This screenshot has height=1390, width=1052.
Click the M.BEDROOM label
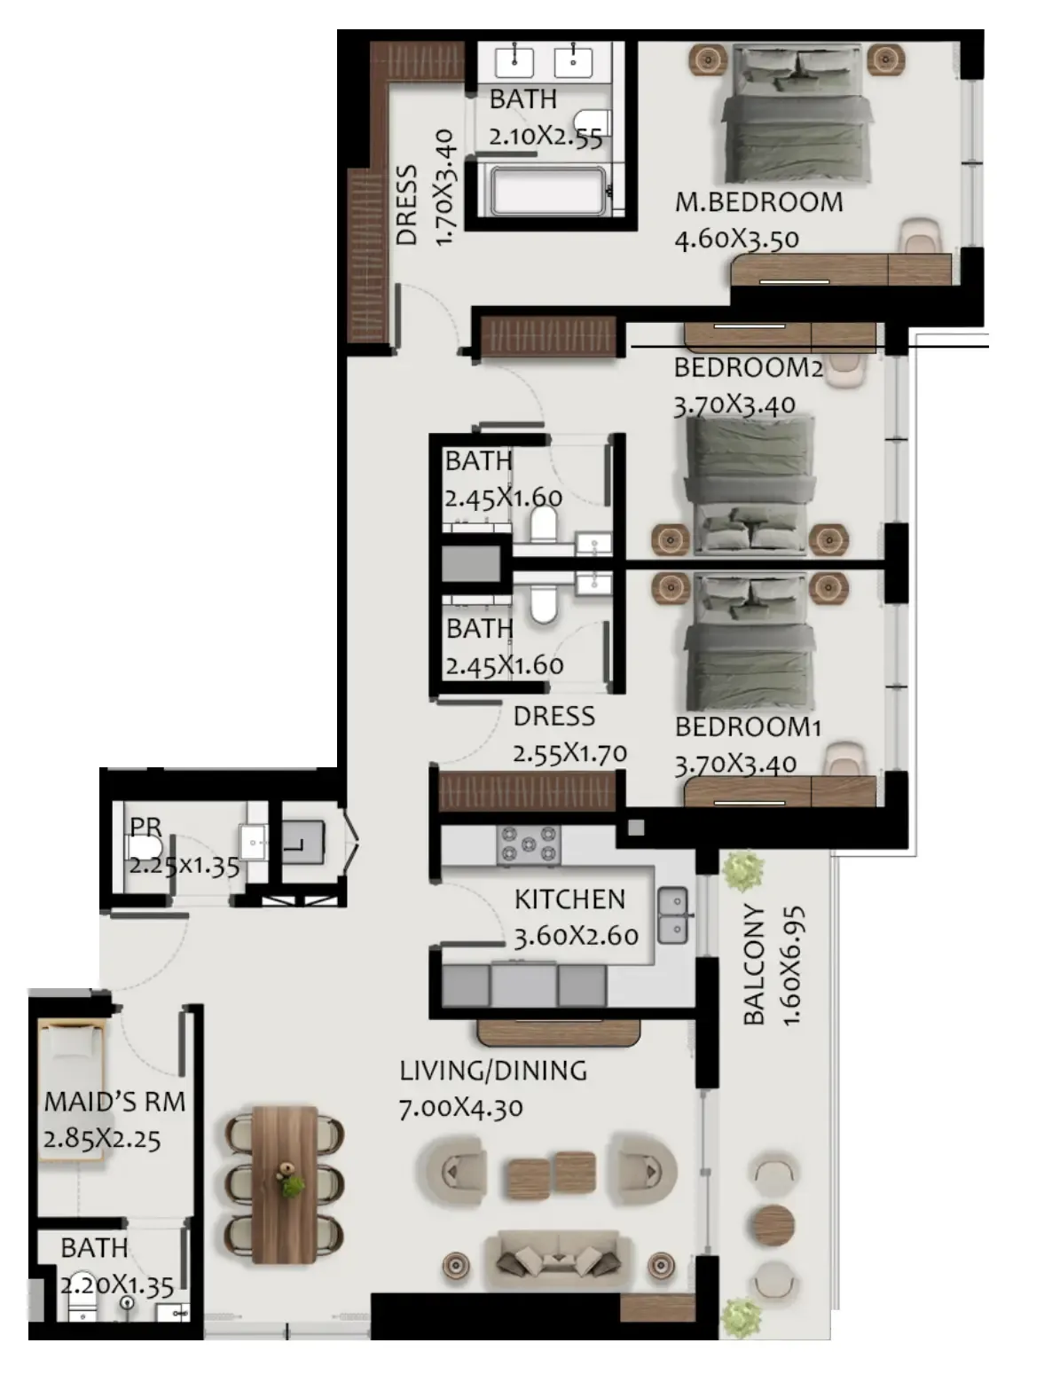pyautogui.click(x=758, y=202)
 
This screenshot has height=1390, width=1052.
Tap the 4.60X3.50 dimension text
pyautogui.click(x=737, y=240)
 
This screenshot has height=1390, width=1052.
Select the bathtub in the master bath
pyautogui.click(x=548, y=190)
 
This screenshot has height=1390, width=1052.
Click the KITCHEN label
pyautogui.click(x=569, y=899)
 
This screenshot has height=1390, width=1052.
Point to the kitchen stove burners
pyautogui.click(x=529, y=844)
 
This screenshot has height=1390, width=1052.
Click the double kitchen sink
pyautogui.click(x=672, y=915)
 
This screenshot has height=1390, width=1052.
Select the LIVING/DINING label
pyautogui.click(x=493, y=1071)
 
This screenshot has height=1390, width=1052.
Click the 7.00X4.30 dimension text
pyautogui.click(x=460, y=1108)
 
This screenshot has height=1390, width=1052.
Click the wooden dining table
pyautogui.click(x=285, y=1184)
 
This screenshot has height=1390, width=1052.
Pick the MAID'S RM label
pyautogui.click(x=114, y=1102)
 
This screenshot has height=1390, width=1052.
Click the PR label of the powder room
pyautogui.click(x=145, y=827)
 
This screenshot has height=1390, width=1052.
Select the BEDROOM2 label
pyautogui.click(x=748, y=368)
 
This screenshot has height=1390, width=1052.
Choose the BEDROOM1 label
pyautogui.click(x=748, y=727)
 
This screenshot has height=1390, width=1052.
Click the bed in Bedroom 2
pyautogui.click(x=750, y=484)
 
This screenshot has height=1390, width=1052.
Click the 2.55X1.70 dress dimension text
pyautogui.click(x=569, y=754)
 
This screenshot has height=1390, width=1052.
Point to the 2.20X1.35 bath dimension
pyautogui.click(x=117, y=1286)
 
